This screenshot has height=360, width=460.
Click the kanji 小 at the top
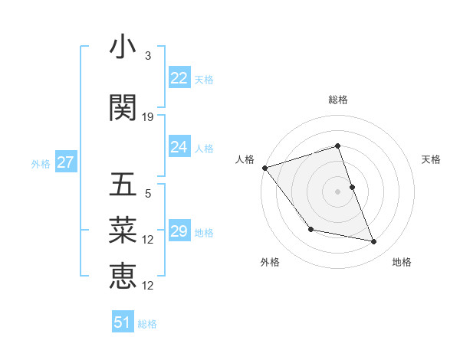pos(123,48)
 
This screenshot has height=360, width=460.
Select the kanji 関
pos(123,108)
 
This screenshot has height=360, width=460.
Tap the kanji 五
pos(123,185)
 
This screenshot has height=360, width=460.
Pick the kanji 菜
pos(123,229)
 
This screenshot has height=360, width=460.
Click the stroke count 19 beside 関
pos(148,117)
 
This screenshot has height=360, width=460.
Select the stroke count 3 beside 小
pos(148,56)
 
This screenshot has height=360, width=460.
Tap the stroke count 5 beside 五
pos(148,194)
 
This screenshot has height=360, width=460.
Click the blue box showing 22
pos(179,78)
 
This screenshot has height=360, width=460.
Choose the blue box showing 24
pos(179,147)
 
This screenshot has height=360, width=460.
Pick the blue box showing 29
pos(179,231)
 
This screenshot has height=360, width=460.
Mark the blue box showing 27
pos(65,162)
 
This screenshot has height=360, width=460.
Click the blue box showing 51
pos(123,322)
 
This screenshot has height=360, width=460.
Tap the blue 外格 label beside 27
pos(41,163)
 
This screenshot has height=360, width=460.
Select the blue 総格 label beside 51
pos(147,323)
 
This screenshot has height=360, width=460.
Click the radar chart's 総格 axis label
pos(337,100)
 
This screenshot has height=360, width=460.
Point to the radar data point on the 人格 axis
pos(264,168)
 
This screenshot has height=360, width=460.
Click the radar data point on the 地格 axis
pos(373,242)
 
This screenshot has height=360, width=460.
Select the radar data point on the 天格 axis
pos(352,187)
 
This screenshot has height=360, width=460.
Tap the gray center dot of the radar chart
pos(337,191)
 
